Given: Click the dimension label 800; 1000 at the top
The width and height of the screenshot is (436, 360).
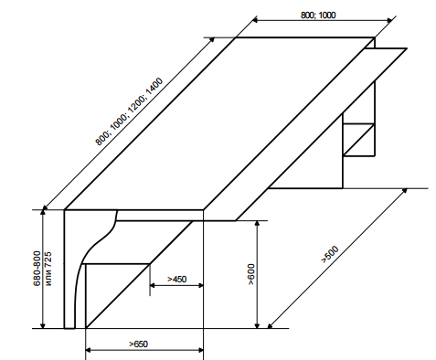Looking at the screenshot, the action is click(x=318, y=15).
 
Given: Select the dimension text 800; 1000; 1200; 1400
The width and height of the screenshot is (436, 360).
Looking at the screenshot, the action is click(x=129, y=111).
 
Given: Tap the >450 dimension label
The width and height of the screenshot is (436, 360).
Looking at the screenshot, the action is click(x=177, y=279).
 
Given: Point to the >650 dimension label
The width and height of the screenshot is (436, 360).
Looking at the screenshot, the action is click(x=138, y=344).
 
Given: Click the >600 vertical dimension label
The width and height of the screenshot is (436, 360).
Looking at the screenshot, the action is click(x=251, y=274).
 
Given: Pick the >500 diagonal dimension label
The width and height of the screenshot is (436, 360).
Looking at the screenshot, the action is click(x=330, y=254).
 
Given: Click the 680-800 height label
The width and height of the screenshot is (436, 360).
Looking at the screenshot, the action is click(x=37, y=269).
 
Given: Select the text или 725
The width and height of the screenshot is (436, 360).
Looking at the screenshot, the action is click(x=48, y=269).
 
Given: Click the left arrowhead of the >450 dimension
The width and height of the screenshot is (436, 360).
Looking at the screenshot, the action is click(x=153, y=285).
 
